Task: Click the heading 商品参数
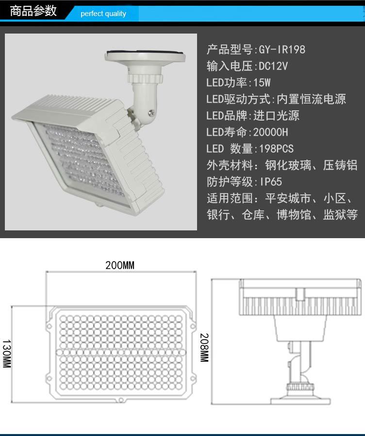pyautogui.click(x=33, y=11)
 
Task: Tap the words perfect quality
pyautogui.click(x=103, y=14)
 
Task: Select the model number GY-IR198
pyautogui.click(x=282, y=50)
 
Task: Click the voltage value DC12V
pyautogui.click(x=273, y=66)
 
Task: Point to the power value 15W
pyautogui.click(x=262, y=83)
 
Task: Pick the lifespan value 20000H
pyautogui.click(x=271, y=132)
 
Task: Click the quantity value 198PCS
pyautogui.click(x=276, y=148)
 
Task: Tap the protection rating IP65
pyautogui.click(x=271, y=182)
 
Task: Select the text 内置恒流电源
pyautogui.click(x=311, y=99)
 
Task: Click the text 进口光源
pyautogui.click(x=276, y=116)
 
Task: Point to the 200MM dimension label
pyautogui.click(x=120, y=265)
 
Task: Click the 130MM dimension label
pyautogui.click(x=7, y=353)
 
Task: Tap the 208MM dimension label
pyautogui.click(x=204, y=348)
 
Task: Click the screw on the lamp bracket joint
pyautogui.click(x=151, y=113)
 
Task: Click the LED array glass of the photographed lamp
pyautogui.click(x=81, y=162)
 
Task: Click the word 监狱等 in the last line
pyautogui.click(x=340, y=215)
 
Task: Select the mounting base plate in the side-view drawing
pyautogui.click(x=300, y=401)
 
